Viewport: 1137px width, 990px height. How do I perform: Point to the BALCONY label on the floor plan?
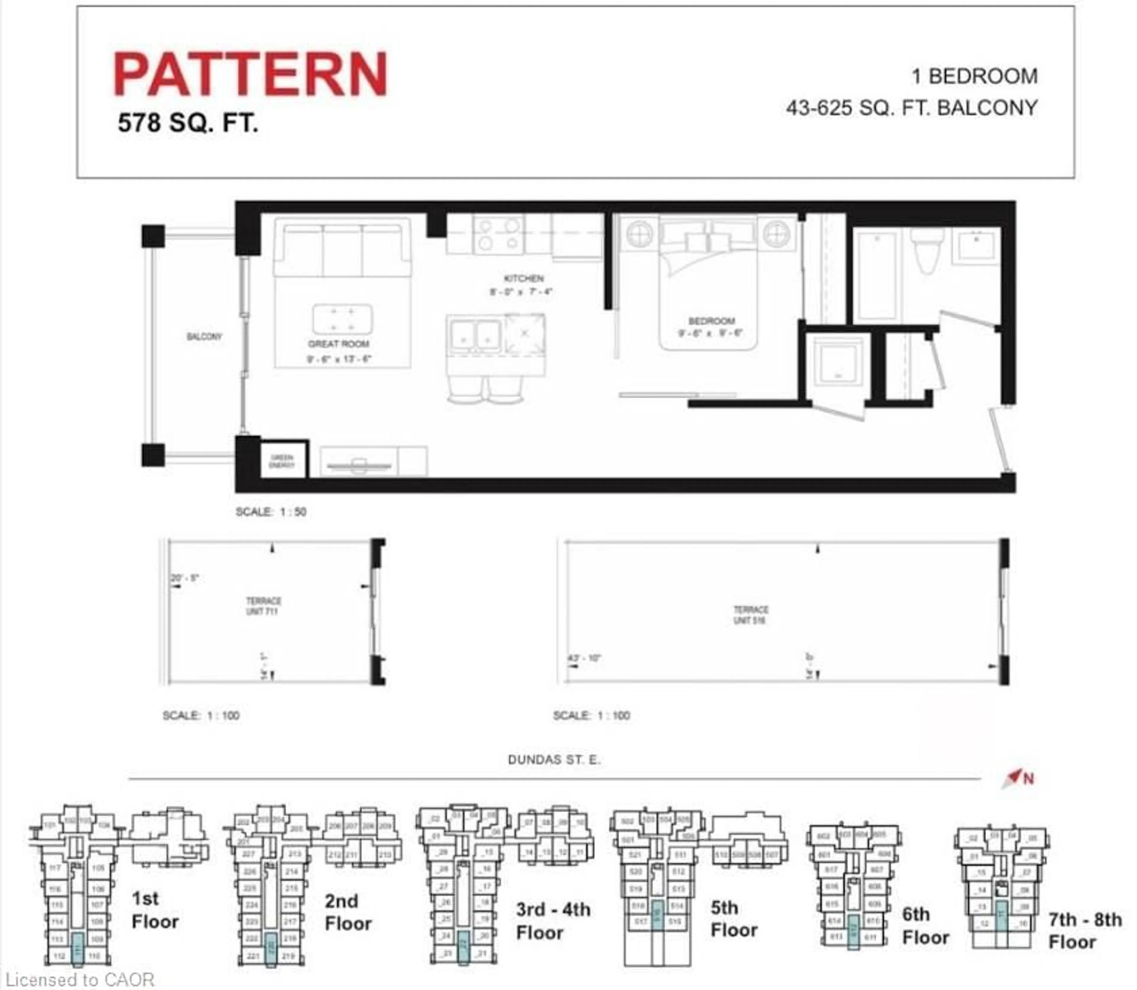coord(204,336)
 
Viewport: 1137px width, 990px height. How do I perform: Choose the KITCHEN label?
coord(523,278)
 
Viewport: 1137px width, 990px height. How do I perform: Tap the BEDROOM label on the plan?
coord(712,321)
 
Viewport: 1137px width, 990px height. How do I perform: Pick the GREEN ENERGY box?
coord(282,461)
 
